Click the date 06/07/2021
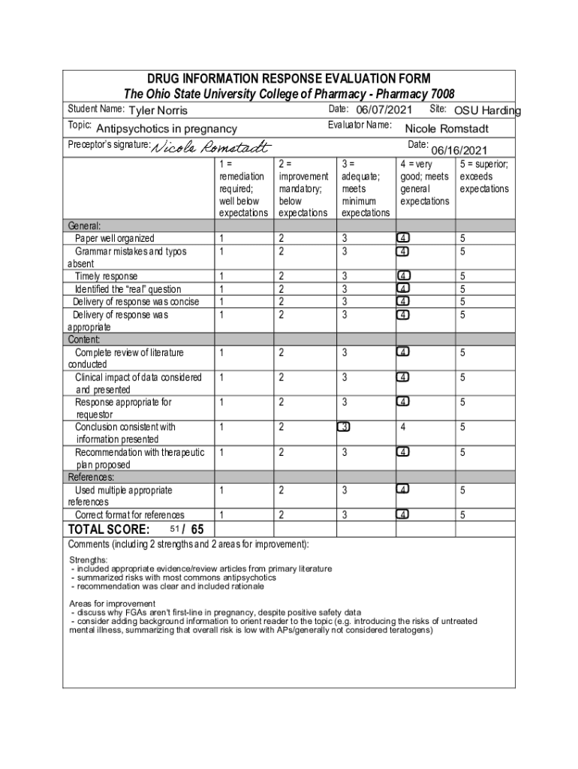[x=384, y=110]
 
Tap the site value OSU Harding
[x=487, y=111]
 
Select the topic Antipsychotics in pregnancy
[x=167, y=129]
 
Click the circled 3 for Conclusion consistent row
[x=344, y=427]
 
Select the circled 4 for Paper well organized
[x=404, y=239]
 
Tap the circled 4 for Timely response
[x=404, y=276]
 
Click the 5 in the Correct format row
[x=463, y=515]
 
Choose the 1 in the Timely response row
[x=221, y=276]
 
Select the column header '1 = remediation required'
[x=242, y=188]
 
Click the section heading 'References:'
[x=92, y=478]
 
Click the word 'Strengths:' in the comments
[x=89, y=560]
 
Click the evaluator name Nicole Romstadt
[x=447, y=128]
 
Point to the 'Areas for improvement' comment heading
[x=112, y=604]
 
